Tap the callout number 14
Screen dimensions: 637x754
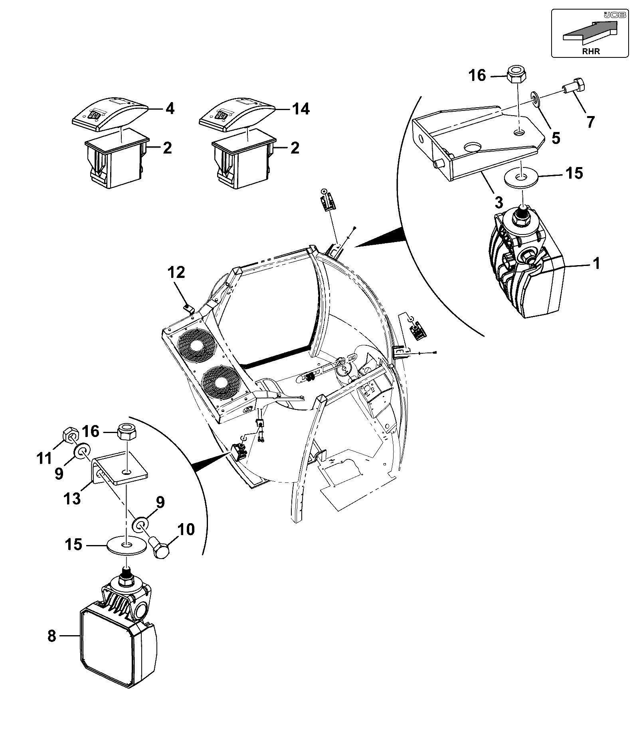pyautogui.click(x=301, y=108)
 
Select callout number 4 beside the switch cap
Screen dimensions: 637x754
pyautogui.click(x=170, y=108)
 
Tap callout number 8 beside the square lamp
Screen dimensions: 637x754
pyautogui.click(x=52, y=636)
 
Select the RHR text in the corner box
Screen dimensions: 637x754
pyautogui.click(x=591, y=51)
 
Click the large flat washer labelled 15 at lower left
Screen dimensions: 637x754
pyautogui.click(x=127, y=545)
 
